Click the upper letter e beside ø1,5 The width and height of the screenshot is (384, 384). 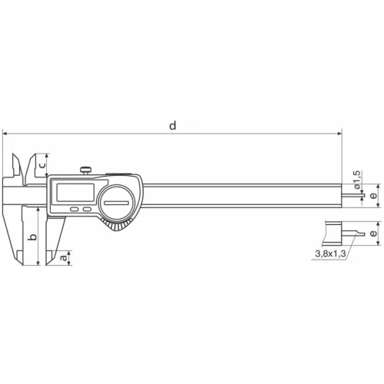(373, 196)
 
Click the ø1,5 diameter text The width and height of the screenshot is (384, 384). (356, 180)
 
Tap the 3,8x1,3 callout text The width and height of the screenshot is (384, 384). (330, 252)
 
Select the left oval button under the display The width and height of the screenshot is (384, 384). (74, 207)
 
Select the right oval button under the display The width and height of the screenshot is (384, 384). (87, 207)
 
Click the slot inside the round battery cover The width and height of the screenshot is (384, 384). (119, 202)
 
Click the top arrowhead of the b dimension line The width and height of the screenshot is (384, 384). (35, 210)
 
